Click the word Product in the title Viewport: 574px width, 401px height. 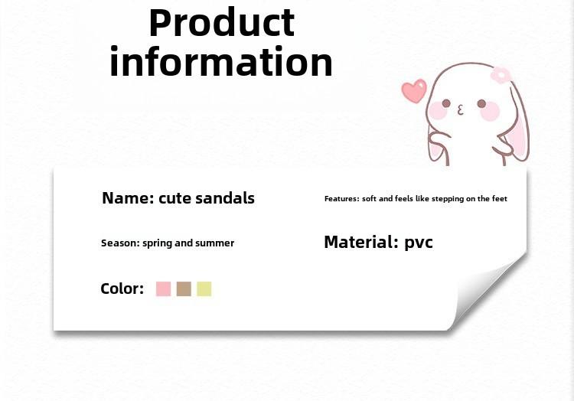click(221, 22)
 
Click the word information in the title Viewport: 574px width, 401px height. click(221, 61)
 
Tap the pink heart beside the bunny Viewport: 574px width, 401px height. click(414, 91)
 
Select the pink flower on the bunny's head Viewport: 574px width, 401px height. click(501, 75)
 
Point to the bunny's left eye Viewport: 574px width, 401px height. click(446, 103)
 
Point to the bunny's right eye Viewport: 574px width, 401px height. click(481, 104)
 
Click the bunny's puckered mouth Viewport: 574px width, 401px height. click(461, 109)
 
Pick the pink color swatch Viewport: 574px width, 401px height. click(163, 289)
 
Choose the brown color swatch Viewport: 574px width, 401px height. click(184, 289)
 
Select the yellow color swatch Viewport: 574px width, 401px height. click(204, 289)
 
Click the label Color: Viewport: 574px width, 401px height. click(122, 289)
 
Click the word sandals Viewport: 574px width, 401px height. click(225, 198)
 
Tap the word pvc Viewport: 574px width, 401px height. click(419, 243)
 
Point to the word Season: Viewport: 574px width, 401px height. click(120, 243)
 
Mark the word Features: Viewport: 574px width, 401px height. click(342, 199)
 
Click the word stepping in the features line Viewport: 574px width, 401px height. click(448, 199)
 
